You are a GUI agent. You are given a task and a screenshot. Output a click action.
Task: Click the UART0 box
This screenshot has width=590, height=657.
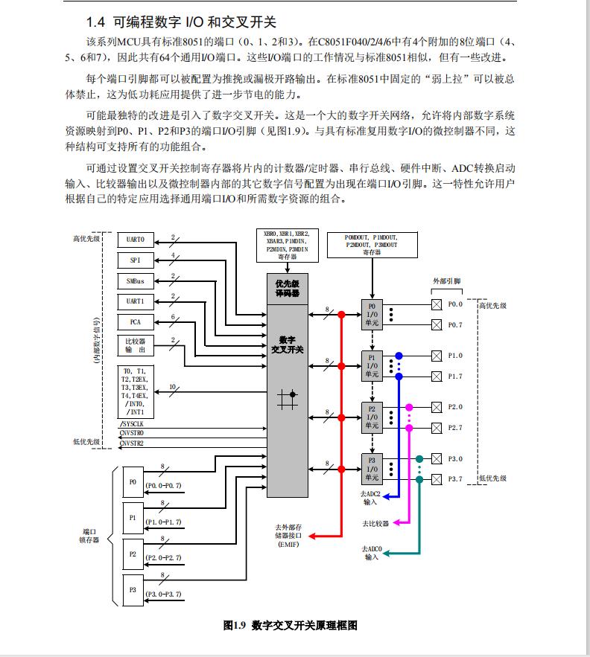click(136, 240)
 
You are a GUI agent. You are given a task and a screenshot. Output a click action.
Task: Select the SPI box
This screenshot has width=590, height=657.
click(136, 260)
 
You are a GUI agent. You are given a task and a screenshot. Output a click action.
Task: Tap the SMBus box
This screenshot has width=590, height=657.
click(136, 281)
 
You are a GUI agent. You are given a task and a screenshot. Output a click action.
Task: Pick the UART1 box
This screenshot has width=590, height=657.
click(136, 301)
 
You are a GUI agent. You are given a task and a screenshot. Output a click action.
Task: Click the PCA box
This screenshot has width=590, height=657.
click(136, 322)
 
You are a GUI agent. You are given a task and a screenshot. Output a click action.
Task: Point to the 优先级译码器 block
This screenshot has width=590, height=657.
click(288, 289)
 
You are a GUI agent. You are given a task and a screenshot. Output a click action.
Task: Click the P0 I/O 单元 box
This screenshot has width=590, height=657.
click(372, 315)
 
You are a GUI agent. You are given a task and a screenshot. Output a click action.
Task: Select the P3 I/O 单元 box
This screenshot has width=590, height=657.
click(372, 469)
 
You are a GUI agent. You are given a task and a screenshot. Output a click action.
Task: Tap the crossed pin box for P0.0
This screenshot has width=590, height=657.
click(437, 304)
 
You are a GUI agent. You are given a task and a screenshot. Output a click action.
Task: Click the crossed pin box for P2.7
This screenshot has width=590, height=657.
click(437, 428)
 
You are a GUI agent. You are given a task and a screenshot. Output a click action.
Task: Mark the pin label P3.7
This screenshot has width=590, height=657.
click(455, 479)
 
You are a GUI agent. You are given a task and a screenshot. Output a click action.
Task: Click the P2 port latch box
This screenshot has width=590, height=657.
click(133, 554)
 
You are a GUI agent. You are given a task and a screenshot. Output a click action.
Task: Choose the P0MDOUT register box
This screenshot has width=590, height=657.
click(372, 245)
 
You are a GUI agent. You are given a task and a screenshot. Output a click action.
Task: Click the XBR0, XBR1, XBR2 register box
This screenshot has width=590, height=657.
click(288, 246)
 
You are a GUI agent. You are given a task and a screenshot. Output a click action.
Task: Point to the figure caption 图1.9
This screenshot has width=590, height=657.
click(234, 626)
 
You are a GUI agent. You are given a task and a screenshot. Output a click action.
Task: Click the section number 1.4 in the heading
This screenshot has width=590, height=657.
click(95, 22)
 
